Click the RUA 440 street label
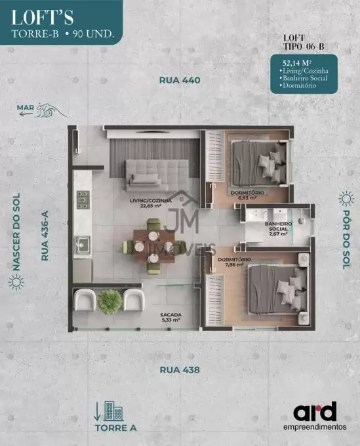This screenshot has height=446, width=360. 180,80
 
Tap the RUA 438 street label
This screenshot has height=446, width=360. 180,370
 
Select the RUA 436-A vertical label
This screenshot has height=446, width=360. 45,235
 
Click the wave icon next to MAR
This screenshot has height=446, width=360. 52,110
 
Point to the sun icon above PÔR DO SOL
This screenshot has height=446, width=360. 346,199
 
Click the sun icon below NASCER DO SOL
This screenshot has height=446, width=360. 16,283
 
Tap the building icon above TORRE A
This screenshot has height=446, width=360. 113,411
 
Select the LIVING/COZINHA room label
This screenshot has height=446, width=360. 151,203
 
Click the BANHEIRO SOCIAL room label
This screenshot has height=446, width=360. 279,229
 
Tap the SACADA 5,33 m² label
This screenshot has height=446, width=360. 170,317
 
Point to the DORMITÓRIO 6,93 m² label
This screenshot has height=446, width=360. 247,195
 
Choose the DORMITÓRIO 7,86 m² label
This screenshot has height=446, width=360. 234,262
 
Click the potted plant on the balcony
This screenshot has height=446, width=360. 110,302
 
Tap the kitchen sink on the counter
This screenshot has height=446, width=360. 83,245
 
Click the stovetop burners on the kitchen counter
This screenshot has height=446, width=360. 83,200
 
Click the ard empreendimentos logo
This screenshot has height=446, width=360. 315,416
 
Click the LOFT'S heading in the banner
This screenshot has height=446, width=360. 43,18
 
